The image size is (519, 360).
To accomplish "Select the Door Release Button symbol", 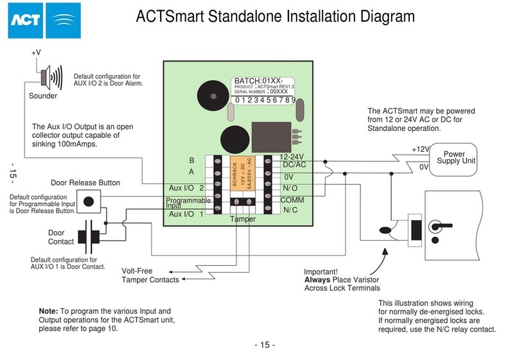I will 89,201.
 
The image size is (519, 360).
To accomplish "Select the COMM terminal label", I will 292,199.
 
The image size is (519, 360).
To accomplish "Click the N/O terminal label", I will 290,187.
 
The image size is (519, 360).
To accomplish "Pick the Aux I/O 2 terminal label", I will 186,187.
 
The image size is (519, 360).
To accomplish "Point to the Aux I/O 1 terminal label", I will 186,214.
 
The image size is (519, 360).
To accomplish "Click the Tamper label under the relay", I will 242,219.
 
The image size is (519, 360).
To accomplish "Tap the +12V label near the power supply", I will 419,149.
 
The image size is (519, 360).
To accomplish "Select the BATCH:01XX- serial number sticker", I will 264,90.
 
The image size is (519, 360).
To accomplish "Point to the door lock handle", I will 437,226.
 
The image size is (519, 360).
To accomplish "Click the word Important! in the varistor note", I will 321,271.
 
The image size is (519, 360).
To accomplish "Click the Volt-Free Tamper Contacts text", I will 151,275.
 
